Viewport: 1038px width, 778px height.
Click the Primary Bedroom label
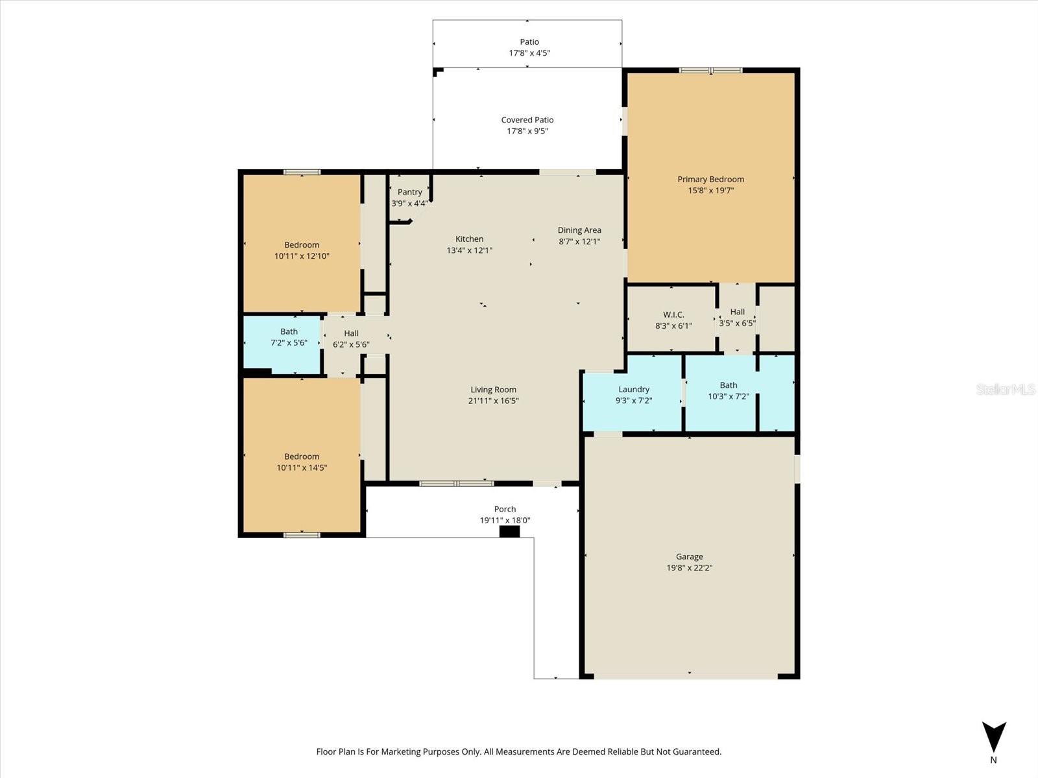click(710, 180)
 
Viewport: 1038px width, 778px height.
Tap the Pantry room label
click(409, 192)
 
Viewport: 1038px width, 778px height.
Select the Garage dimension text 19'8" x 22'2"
click(689, 568)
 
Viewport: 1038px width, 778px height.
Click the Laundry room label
click(633, 390)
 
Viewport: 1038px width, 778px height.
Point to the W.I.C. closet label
click(673, 314)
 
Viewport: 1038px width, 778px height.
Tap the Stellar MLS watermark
click(1005, 389)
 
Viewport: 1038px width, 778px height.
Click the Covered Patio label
click(527, 120)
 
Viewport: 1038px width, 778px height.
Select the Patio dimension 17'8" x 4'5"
click(529, 53)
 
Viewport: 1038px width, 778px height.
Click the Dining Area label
click(579, 230)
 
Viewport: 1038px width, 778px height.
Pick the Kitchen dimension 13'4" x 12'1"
click(469, 250)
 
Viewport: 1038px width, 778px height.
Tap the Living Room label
click(493, 390)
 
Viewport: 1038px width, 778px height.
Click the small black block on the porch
click(509, 532)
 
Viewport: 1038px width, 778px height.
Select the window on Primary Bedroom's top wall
click(710, 70)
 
